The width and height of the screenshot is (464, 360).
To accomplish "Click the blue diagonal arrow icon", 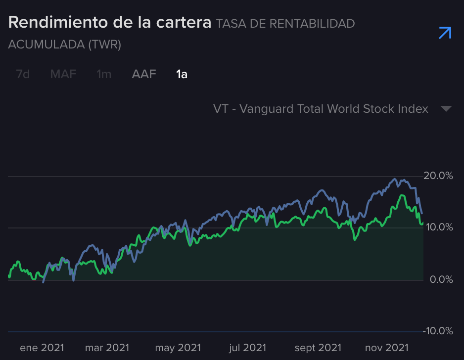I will [445, 33].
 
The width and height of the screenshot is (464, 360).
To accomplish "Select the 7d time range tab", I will [23, 75].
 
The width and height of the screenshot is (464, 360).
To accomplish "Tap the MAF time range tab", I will [63, 75].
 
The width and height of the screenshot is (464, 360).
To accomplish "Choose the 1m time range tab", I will [104, 75].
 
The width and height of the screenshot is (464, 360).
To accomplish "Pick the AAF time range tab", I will [144, 75].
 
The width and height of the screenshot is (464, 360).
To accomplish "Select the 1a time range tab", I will [182, 75].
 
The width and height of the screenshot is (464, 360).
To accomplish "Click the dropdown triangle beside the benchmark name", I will [446, 109].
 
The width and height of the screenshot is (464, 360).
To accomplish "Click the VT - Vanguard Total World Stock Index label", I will [321, 109].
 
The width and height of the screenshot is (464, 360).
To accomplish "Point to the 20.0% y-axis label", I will [438, 176].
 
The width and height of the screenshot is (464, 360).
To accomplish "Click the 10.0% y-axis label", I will [438, 227].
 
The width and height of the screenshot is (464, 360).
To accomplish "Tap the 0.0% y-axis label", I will [440, 279].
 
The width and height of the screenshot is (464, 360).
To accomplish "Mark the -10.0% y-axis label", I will [437, 331].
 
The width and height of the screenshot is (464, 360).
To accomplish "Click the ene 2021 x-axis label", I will [42, 348].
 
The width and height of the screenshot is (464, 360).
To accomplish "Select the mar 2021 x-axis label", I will [107, 348].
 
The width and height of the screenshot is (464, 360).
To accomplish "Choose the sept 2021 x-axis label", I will [318, 348].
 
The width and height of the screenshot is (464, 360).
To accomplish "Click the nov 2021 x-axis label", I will [387, 348].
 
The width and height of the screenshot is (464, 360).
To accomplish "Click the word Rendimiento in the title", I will [60, 23].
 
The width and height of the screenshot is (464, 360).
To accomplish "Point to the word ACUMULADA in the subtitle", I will [46, 45].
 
